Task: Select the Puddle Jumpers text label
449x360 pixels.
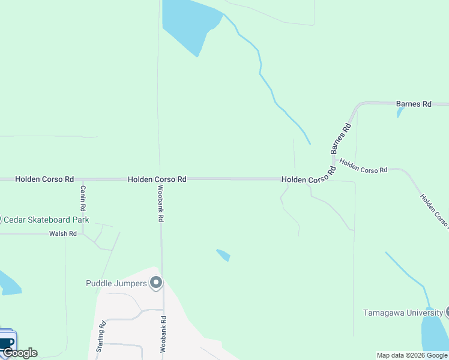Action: point(116,283)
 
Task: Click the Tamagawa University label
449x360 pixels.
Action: point(403,313)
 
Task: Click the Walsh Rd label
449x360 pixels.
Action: point(63,233)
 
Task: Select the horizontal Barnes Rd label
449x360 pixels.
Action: point(414,104)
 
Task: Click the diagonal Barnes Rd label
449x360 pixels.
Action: point(340,139)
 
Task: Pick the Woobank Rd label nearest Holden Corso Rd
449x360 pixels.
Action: point(161,203)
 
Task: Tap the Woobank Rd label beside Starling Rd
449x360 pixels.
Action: point(162,332)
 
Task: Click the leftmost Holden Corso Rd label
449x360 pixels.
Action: point(44,179)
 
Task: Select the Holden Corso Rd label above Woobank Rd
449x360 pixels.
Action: point(157,179)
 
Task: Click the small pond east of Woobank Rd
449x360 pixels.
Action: point(223,255)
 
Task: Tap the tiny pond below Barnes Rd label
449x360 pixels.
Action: point(399,113)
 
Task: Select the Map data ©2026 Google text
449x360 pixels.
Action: point(412,355)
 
